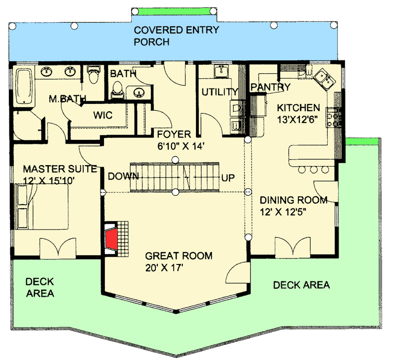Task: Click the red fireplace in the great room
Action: pos(111,239)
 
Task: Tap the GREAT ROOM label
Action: pos(179,256)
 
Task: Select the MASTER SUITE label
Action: pos(59,169)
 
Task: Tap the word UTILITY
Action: pos(220,91)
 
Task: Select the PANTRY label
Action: pos(270,87)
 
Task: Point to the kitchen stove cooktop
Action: pos(336,117)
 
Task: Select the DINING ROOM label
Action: pos(294,200)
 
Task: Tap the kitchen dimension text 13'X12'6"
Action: pos(298,119)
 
